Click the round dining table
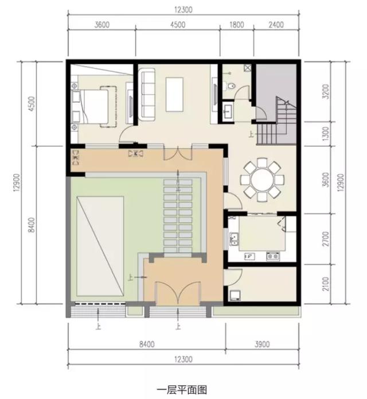click(261, 180)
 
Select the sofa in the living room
click(147, 94)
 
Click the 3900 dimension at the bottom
click(260, 344)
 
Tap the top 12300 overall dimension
click(183, 9)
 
